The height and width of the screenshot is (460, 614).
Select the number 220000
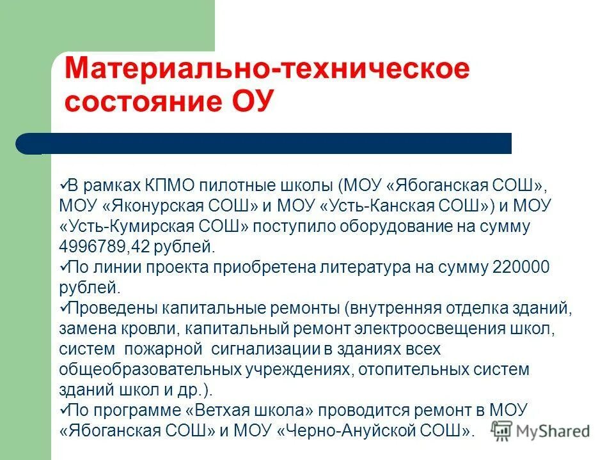pos(521,267)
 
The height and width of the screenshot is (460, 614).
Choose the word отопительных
pos(406,369)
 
